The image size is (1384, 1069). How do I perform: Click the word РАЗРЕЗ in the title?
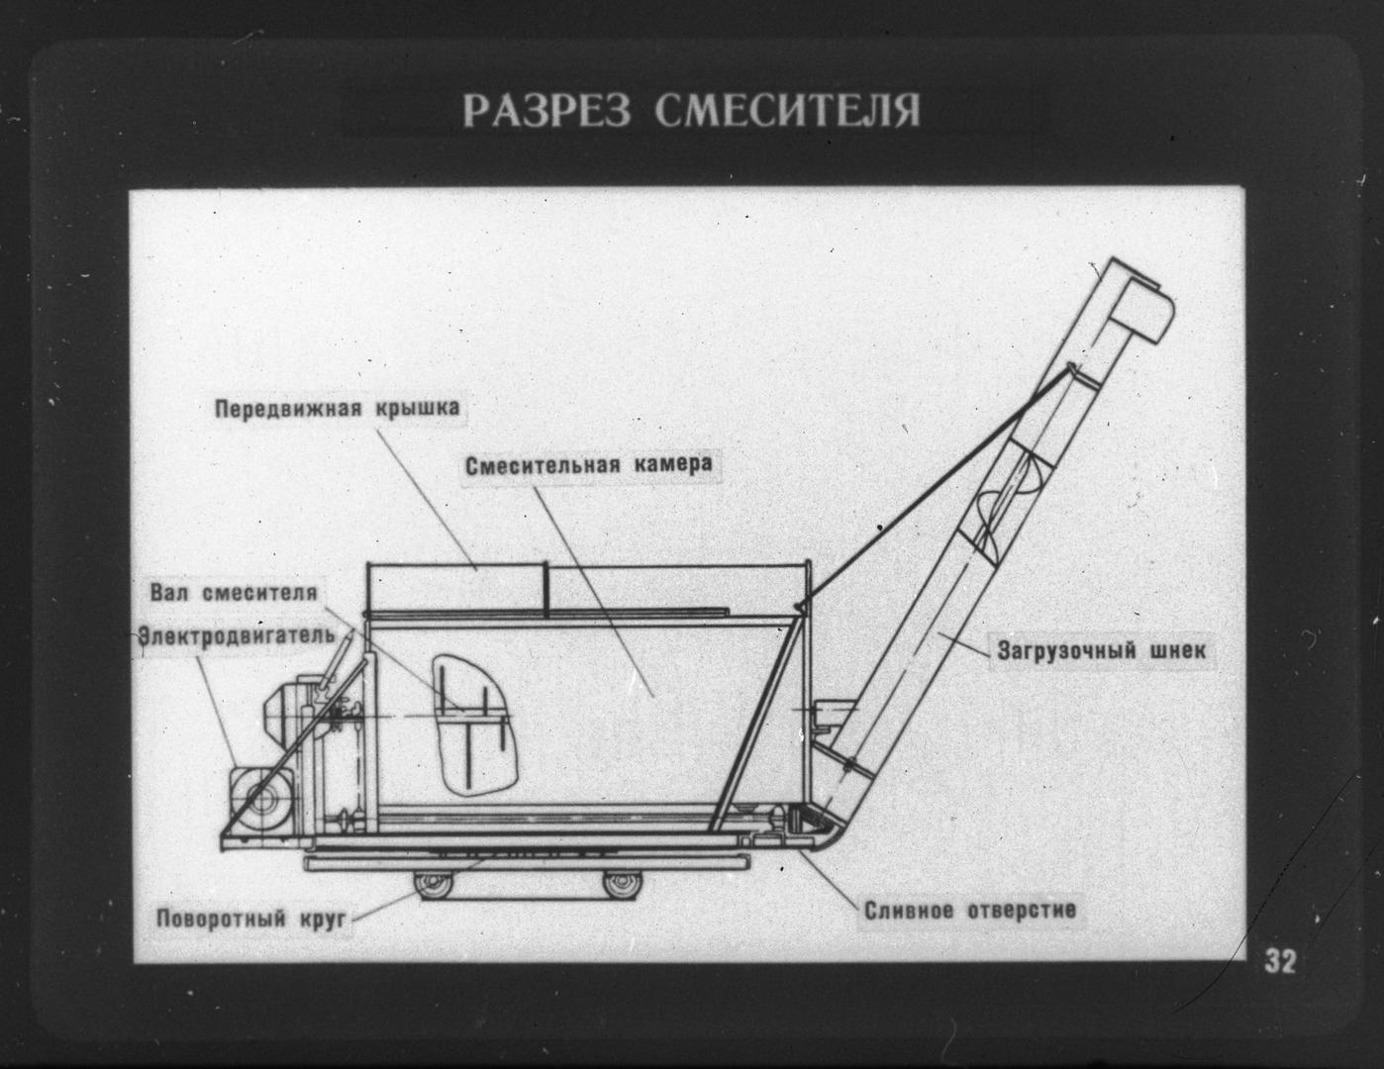[545, 111]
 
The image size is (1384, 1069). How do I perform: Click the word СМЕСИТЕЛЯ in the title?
[787, 111]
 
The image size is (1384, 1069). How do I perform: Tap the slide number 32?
[1280, 961]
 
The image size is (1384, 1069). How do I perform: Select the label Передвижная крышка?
[337, 408]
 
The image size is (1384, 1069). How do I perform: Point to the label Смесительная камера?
[589, 465]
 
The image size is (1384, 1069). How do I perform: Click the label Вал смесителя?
[234, 593]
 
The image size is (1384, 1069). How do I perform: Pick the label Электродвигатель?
[237, 634]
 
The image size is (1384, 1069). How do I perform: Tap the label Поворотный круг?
[250, 920]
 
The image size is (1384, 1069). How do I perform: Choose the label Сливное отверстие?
[970, 911]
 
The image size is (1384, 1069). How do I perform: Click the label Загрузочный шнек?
[1101, 651]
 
